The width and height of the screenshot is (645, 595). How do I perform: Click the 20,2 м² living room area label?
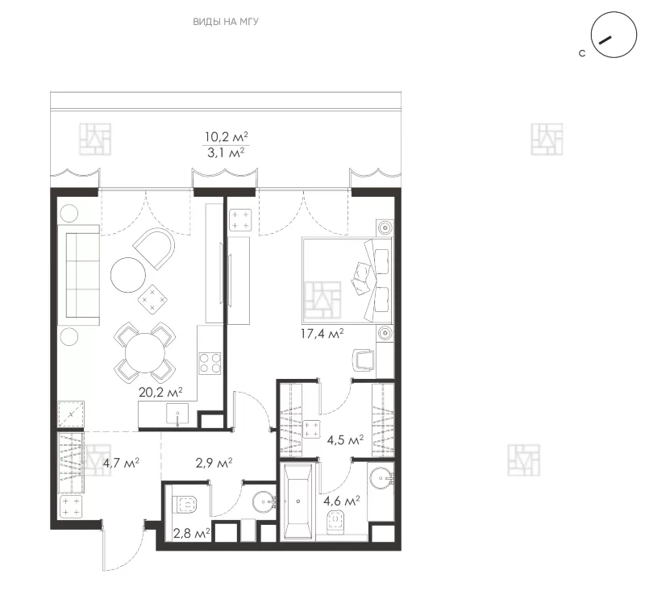pos(160,392)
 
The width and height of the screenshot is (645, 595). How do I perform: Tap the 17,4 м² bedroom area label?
pos(322,333)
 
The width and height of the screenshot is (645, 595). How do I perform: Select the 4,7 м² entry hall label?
pos(121,463)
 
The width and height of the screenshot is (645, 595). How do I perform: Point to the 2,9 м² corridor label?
pos(214,463)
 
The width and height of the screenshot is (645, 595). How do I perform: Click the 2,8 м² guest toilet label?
pos(192,534)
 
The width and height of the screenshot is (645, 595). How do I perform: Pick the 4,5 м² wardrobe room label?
pos(345,440)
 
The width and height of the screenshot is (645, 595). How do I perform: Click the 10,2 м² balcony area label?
pos(227,136)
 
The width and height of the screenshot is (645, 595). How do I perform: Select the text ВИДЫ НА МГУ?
pos(226,22)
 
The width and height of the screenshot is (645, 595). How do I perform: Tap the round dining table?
pos(145,352)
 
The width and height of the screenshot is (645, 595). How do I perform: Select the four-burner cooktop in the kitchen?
pos(210,363)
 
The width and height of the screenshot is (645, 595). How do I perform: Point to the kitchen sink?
pos(177,414)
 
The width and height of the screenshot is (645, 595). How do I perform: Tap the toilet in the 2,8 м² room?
pos(186,504)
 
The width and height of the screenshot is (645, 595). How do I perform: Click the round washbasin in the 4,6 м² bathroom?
pos(381,478)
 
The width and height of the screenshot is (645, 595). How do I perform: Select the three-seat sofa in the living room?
pos(79,275)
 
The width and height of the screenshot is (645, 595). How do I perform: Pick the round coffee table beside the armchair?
pos(128,274)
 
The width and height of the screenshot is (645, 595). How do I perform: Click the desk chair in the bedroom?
pos(364,360)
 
